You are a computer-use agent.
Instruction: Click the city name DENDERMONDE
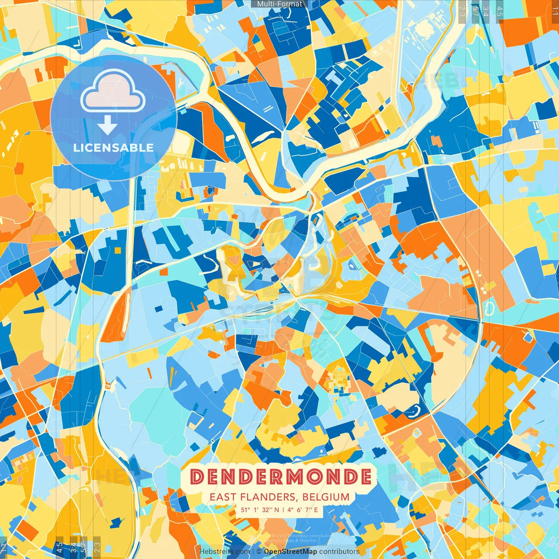[x=281, y=476]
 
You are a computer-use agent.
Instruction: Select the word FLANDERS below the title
[x=266, y=497]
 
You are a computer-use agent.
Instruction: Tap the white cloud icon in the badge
[x=113, y=92]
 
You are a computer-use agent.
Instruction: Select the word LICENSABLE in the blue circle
[x=114, y=148]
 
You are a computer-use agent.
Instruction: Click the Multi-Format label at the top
[x=279, y=4]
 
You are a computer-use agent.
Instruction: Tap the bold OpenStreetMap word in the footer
[x=290, y=552]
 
